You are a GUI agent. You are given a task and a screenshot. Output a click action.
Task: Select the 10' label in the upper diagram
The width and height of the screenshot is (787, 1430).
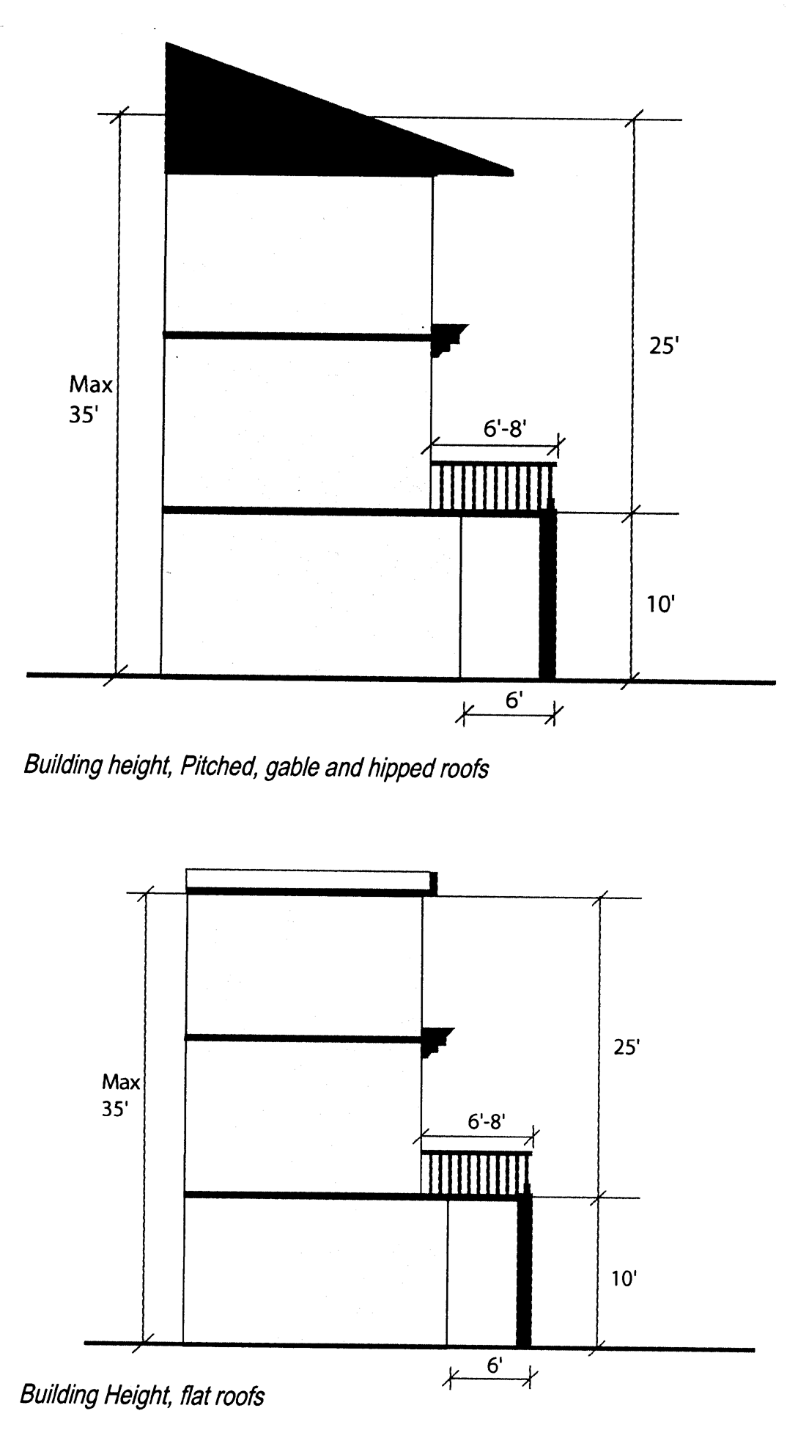660,604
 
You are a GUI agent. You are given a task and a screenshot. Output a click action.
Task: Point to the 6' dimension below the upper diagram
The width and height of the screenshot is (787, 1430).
514,701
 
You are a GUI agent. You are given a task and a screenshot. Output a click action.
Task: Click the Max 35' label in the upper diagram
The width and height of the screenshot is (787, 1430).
90,400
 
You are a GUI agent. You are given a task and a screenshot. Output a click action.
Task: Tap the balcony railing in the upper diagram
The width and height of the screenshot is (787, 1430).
492,486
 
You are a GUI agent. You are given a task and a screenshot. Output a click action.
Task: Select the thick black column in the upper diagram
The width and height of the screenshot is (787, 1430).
547,594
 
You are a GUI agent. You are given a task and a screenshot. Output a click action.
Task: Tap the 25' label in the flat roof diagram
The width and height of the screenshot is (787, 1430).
627,1047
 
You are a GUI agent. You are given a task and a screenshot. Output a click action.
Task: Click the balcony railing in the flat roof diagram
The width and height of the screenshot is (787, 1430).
476,1173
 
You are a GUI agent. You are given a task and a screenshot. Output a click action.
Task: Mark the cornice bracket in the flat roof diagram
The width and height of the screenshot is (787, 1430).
437,1040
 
